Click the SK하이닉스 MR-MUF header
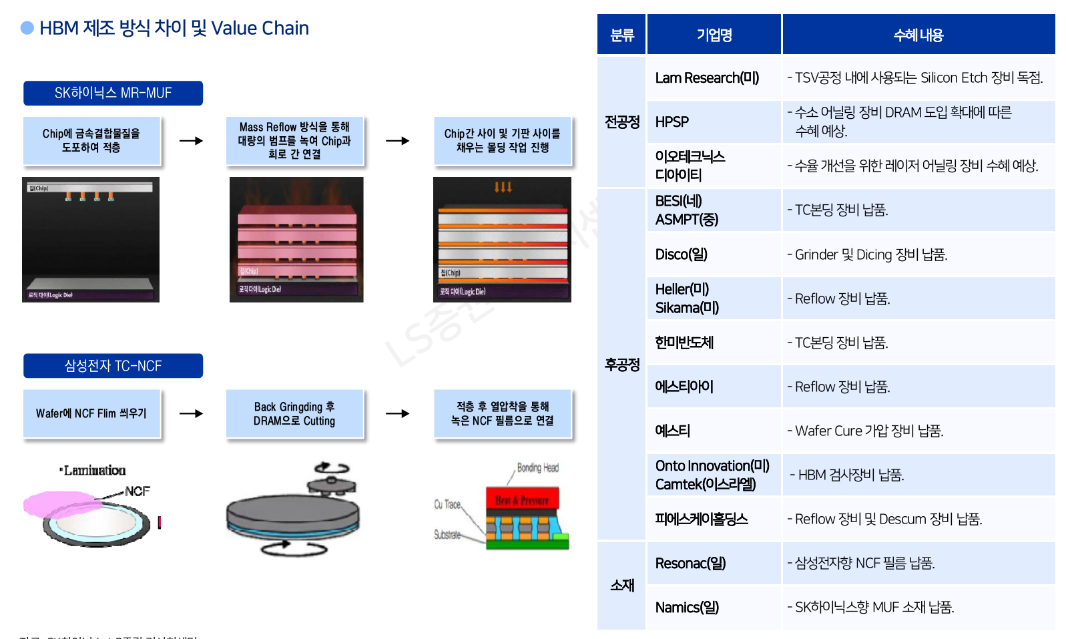click(113, 93)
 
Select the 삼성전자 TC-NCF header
click(113, 366)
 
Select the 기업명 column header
click(714, 35)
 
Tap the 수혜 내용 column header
click(918, 35)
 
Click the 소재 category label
click(622, 586)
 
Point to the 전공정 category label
click(622, 122)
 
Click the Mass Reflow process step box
click(294, 141)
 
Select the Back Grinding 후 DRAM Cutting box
click(294, 414)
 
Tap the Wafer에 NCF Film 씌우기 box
click(91, 414)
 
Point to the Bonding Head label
click(537, 468)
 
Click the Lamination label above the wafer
click(94, 471)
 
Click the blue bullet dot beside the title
click(27, 28)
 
